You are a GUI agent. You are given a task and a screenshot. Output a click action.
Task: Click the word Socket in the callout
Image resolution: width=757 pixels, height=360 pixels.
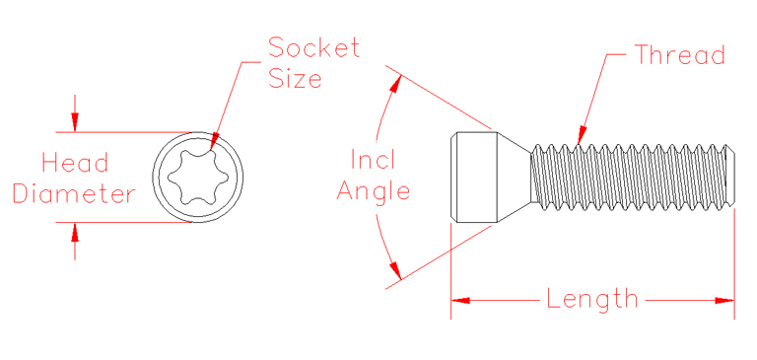pyautogui.click(x=314, y=47)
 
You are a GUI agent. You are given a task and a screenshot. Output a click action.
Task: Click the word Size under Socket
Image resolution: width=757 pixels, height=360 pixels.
pyautogui.click(x=295, y=79)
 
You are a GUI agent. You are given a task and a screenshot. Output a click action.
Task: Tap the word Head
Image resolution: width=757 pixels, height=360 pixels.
pyautogui.click(x=75, y=163)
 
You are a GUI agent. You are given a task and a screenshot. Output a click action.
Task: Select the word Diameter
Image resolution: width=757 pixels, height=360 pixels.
pyautogui.click(x=74, y=193)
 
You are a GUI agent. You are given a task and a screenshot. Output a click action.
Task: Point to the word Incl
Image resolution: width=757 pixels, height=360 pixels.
pyautogui.click(x=374, y=159)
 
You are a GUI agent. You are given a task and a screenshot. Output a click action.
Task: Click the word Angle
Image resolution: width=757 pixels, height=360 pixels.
pyautogui.click(x=374, y=190)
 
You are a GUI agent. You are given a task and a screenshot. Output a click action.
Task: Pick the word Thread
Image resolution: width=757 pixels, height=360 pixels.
pyautogui.click(x=680, y=55)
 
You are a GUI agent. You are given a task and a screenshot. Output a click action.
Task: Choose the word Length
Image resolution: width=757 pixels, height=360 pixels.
pyautogui.click(x=592, y=299)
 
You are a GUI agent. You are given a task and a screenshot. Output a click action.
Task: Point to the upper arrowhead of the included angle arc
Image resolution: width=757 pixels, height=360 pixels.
pyautogui.click(x=396, y=83)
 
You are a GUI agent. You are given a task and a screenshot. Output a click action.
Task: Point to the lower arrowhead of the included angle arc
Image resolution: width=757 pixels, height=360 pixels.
pyautogui.click(x=395, y=269)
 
